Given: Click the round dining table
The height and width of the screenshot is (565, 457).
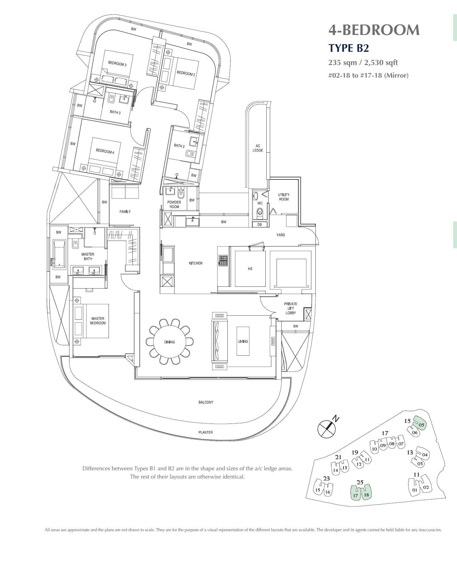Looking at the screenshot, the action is tap(169, 342).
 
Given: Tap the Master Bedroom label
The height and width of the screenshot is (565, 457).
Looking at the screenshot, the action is tap(98, 321).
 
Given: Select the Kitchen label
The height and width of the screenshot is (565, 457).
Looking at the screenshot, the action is tap(196, 263).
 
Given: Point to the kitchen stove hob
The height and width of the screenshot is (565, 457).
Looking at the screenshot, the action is tap(223, 261).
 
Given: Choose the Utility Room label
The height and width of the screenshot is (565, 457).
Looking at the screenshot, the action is tap(284, 197).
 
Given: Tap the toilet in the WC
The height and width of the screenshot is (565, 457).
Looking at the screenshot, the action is tap(260, 213).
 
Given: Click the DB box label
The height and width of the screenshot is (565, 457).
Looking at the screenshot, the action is tap(260, 224).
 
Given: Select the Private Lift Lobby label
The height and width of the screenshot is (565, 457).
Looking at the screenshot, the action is tap(291, 308).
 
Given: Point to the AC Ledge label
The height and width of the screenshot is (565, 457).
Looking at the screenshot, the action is tap(258, 148).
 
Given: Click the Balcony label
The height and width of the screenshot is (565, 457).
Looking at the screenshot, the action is tap(206, 402).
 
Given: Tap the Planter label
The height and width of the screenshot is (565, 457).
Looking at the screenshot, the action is tap(205, 432).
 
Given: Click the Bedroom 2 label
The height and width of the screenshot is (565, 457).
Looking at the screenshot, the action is tap(186, 73).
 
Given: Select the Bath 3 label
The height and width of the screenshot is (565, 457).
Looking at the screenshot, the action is tap(115, 112).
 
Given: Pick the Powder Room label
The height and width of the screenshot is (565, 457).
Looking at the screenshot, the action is tap(174, 204).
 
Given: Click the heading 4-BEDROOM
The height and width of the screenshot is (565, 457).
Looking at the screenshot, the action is tap(374, 30).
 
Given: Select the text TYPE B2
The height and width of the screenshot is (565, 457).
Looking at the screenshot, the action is tap(349, 48).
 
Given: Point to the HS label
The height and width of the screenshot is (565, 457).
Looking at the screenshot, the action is tap(250, 269).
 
